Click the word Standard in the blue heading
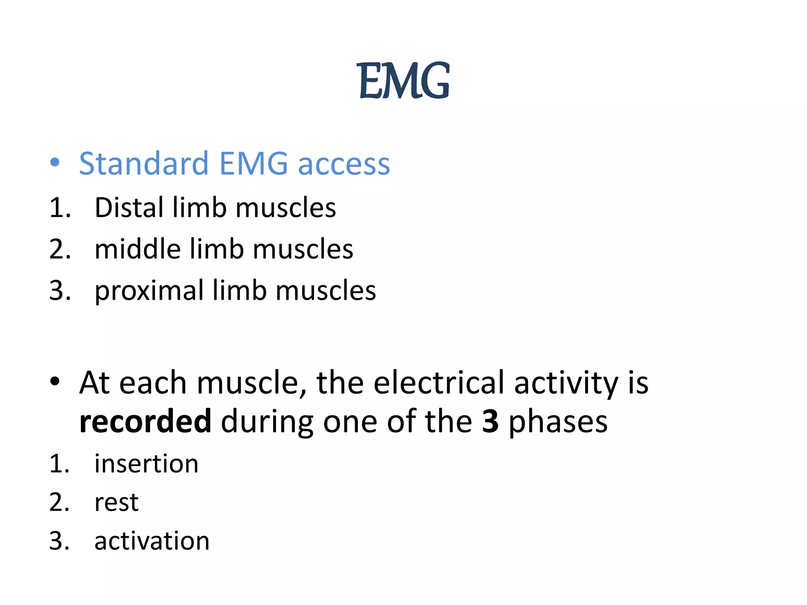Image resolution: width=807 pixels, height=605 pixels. coord(143,163)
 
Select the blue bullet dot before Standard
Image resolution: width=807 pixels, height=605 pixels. coord(55,162)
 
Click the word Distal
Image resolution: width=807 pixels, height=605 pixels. coord(129,208)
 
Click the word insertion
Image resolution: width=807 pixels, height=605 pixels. coord(146,464)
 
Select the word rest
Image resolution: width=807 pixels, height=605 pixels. coord(116,503)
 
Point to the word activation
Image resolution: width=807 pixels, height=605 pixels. coord(152,541)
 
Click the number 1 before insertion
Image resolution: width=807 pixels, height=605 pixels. coord(57,464)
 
